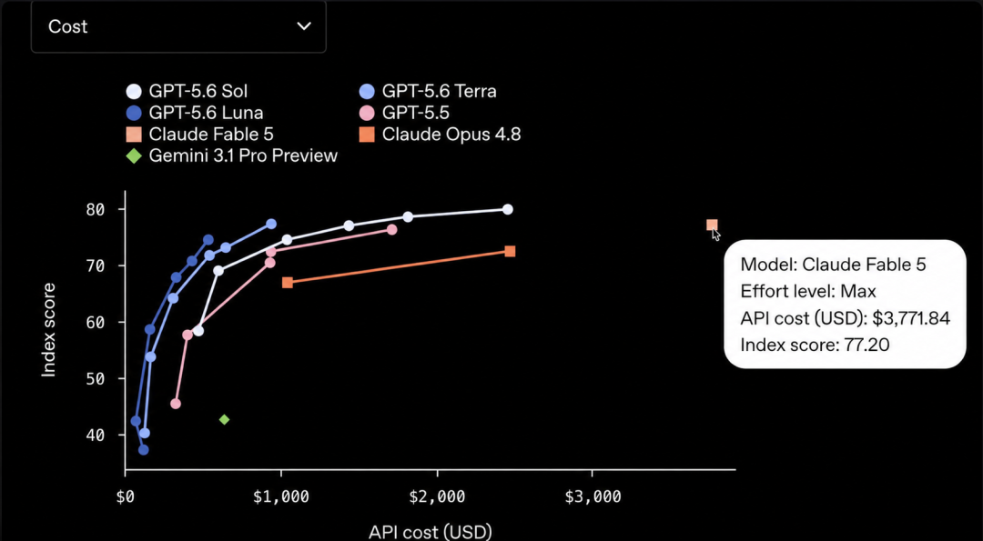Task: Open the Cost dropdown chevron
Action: [x=304, y=26]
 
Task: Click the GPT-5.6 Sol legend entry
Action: [x=187, y=92]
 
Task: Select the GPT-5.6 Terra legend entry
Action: [x=430, y=92]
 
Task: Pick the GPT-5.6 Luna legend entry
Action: [x=195, y=113]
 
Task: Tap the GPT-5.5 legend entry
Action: [x=406, y=113]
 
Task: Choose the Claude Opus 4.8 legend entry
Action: [x=441, y=134]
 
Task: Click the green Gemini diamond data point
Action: [x=225, y=419]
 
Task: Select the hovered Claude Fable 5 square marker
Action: [x=712, y=225]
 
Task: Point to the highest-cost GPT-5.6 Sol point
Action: [x=508, y=209]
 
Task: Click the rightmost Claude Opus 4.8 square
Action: [x=510, y=251]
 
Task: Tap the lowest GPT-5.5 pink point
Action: [x=176, y=404]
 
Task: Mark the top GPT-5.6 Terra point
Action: [x=271, y=225]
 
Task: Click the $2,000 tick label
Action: [x=438, y=497]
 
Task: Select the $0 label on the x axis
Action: [x=126, y=497]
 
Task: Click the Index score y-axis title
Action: [x=49, y=330]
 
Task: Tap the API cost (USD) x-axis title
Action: [x=430, y=533]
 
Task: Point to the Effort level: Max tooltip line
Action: [x=808, y=291]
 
